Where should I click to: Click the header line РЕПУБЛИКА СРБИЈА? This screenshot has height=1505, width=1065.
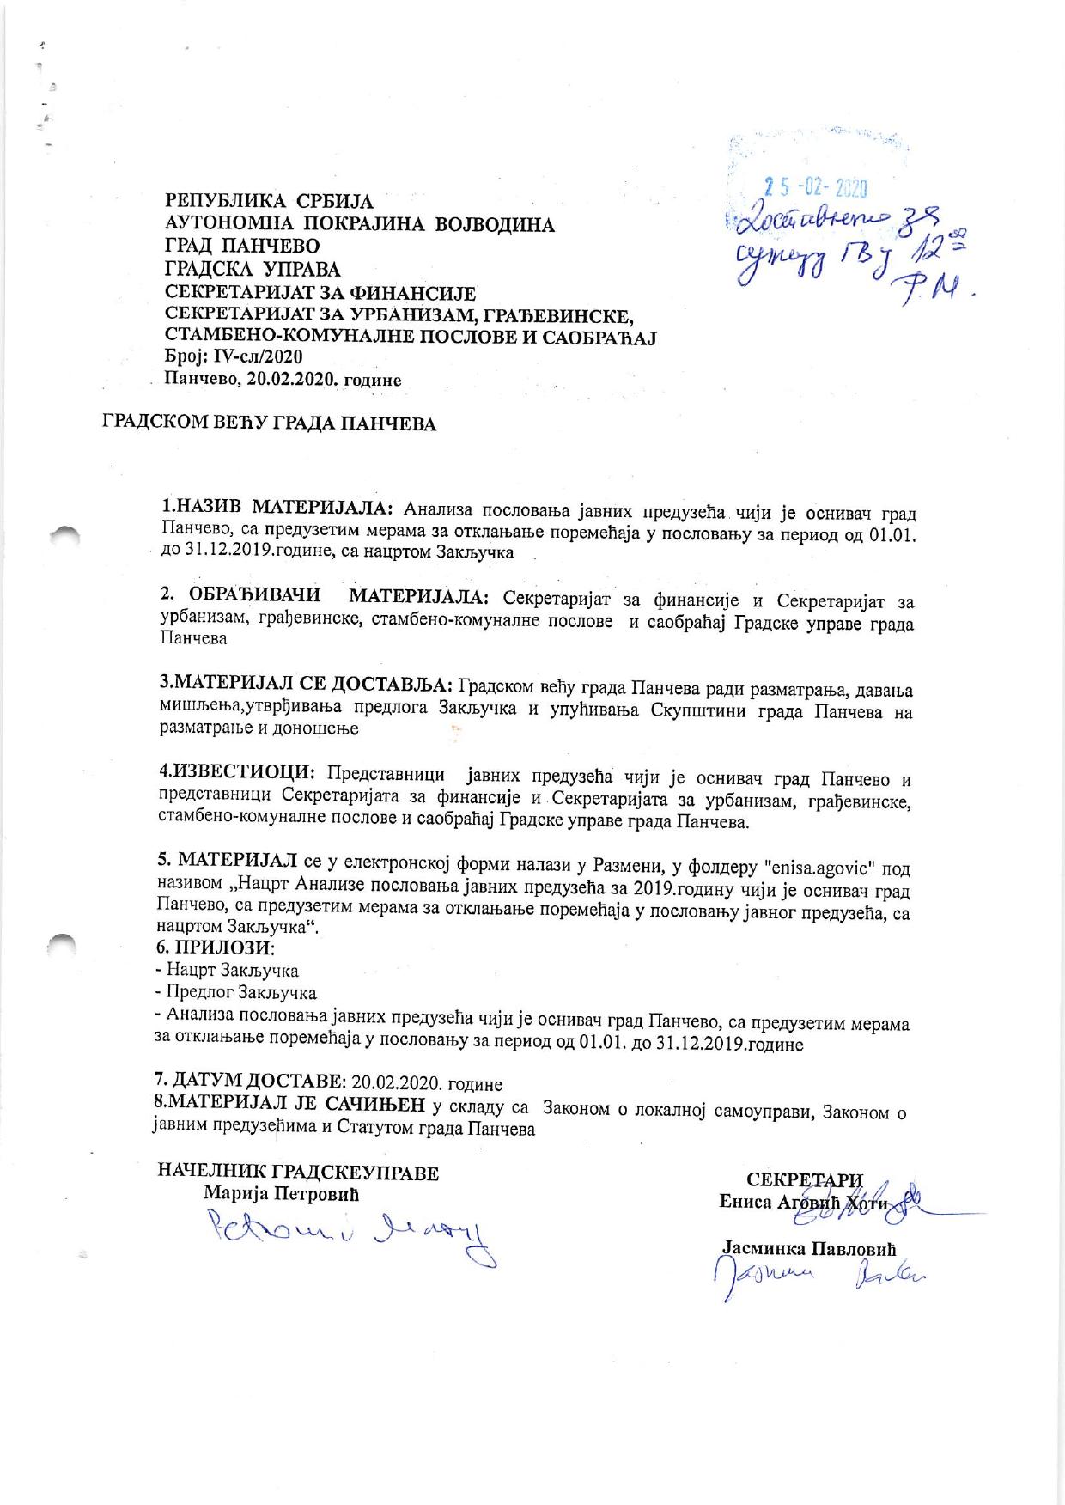coord(269,202)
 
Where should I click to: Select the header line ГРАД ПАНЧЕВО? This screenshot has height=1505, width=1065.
coord(242,247)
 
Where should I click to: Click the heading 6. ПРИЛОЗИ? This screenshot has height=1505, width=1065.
coord(216,948)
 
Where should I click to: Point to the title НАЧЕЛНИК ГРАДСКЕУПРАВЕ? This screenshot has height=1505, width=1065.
coord(298,1173)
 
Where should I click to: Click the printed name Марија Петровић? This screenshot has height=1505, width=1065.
coord(281,1194)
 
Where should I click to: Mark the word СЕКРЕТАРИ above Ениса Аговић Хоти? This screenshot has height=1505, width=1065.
coord(804,1179)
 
